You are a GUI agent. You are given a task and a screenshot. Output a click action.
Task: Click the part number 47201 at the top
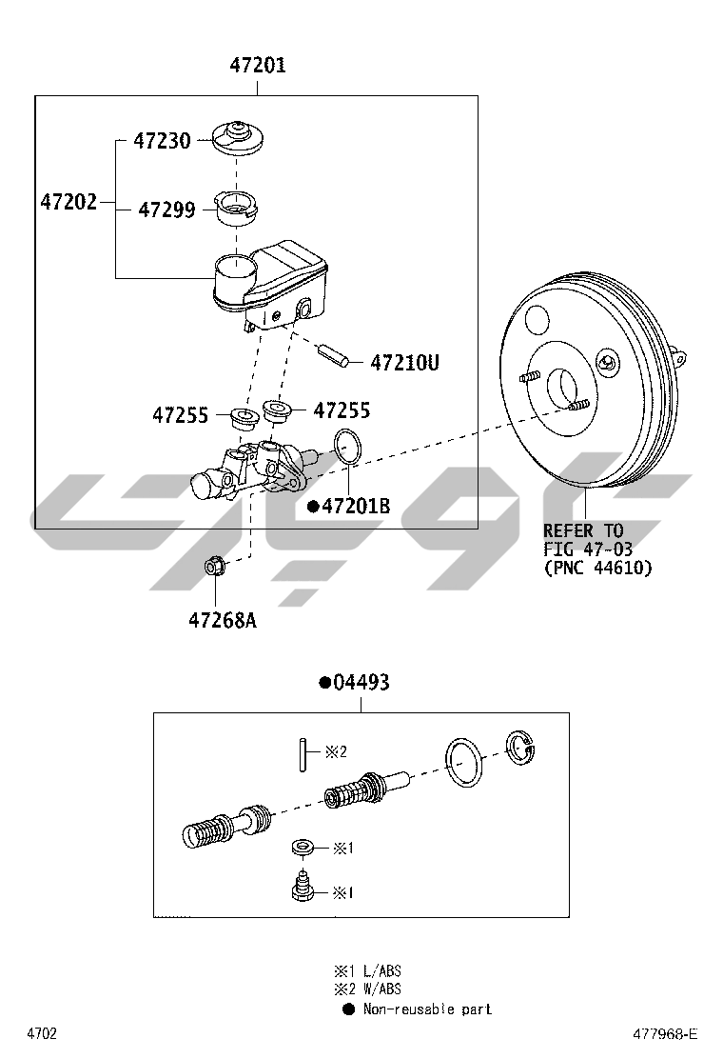258,65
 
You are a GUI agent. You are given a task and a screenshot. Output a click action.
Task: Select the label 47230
162,141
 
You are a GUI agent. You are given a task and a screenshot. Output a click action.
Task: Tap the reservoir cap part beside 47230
238,138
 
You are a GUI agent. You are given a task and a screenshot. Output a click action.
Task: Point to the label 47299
166,210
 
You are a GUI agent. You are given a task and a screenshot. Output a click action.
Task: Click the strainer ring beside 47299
237,208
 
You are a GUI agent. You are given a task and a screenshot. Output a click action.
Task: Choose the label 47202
68,201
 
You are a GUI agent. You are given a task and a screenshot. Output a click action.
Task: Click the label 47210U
404,363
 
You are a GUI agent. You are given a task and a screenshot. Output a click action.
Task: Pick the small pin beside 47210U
333,355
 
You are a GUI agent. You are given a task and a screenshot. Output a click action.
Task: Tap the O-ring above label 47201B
348,447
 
